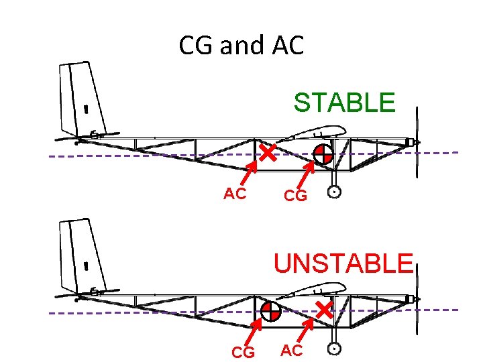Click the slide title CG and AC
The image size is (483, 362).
pyautogui.click(x=241, y=46)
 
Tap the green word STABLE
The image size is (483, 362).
pyautogui.click(x=344, y=103)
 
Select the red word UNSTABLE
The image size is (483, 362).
pyautogui.click(x=342, y=263)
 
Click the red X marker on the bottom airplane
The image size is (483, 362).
pyautogui.click(x=325, y=310)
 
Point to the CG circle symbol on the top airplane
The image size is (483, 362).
pyautogui.click(x=323, y=154)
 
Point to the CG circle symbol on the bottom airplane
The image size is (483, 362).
pyautogui.click(x=270, y=311)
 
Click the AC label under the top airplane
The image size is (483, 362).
pyautogui.click(x=235, y=194)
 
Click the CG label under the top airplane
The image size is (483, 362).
pyautogui.click(x=295, y=196)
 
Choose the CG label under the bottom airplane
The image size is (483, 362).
pyautogui.click(x=243, y=352)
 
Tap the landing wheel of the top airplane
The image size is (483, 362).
pyautogui.click(x=335, y=192)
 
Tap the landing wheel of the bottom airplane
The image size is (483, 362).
pyautogui.click(x=335, y=349)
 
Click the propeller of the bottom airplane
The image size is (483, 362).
pyautogui.click(x=417, y=298)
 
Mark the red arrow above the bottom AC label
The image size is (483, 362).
pyautogui.click(x=306, y=331)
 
